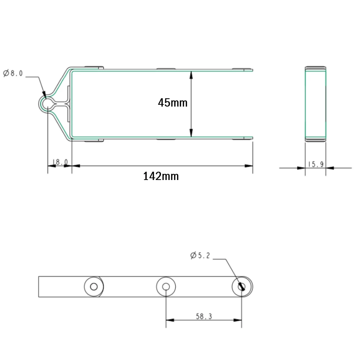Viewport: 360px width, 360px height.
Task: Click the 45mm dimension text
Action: (x=172, y=103)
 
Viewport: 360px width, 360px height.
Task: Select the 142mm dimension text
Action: (x=161, y=176)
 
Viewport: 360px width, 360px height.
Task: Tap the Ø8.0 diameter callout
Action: (x=13, y=73)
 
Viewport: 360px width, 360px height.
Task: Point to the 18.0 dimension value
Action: (x=60, y=162)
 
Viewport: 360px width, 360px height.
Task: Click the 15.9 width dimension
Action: (x=316, y=165)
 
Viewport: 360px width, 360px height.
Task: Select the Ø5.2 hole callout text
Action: (x=200, y=256)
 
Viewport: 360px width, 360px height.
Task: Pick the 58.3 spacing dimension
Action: (x=204, y=316)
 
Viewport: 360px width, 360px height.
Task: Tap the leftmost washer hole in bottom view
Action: (x=94, y=287)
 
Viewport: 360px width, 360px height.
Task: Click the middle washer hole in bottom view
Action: (x=166, y=287)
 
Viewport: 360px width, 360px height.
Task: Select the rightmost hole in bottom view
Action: (x=242, y=287)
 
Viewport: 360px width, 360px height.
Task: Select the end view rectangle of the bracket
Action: (x=315, y=104)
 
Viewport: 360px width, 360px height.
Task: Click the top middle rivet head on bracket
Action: (x=166, y=68)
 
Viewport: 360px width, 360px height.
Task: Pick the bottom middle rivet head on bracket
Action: (x=166, y=139)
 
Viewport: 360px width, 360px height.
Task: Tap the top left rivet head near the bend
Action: (x=93, y=67)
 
